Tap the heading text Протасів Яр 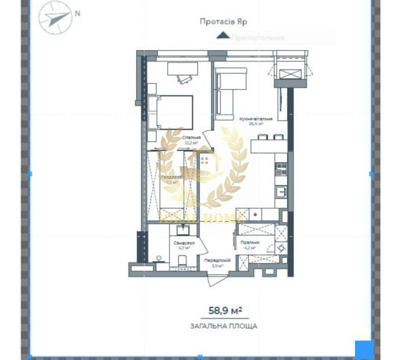(223, 21)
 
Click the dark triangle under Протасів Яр (223, 35)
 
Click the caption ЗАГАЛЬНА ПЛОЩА (223, 326)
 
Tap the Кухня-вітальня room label (252, 121)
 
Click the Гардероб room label (172, 178)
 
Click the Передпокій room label (216, 262)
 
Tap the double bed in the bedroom (173, 111)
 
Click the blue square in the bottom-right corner (364, 349)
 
